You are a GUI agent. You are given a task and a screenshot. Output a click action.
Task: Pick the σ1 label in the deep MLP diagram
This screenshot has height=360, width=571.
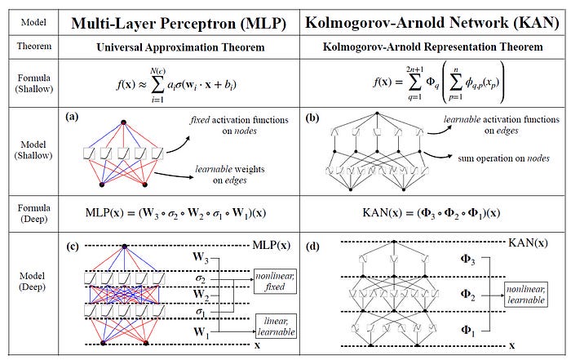(201, 310)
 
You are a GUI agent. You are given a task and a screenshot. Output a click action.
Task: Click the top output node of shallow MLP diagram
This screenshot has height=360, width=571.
(124, 122)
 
